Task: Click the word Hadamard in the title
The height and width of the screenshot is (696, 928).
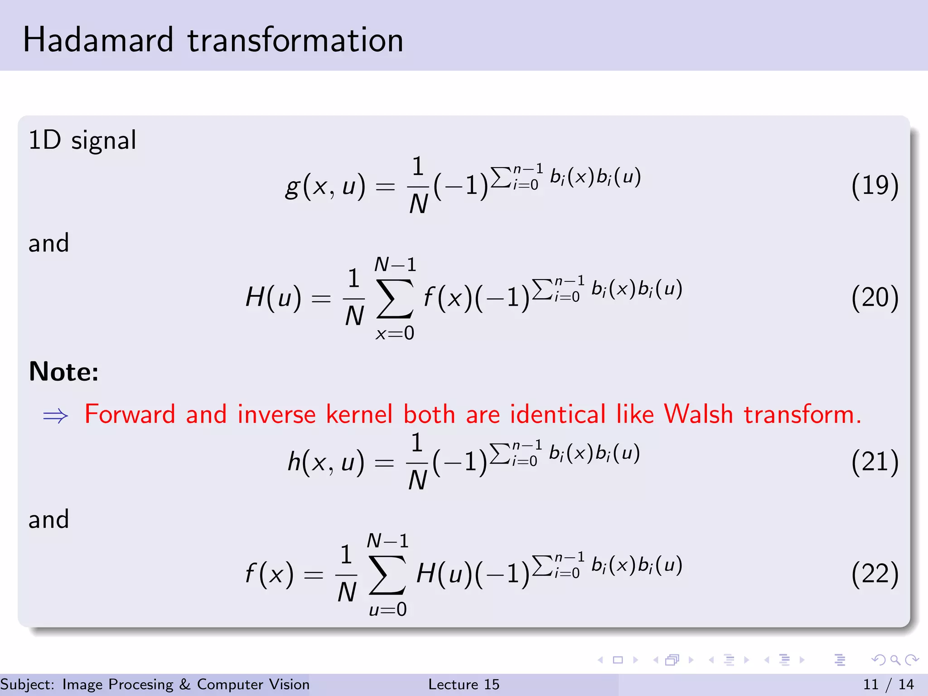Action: pos(98,40)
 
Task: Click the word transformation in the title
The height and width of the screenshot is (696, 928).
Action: pos(295,40)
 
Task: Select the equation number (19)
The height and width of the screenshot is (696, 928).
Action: pos(875,185)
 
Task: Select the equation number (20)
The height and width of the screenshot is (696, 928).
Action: pos(875,298)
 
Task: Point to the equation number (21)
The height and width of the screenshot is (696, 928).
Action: pos(875,462)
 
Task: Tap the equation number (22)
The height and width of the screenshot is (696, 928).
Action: pos(875,574)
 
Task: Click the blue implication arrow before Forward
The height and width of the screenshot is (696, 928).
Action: pos(55,416)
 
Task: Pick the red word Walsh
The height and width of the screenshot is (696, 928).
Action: pos(698,414)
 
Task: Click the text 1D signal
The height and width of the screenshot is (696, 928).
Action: pos(82,140)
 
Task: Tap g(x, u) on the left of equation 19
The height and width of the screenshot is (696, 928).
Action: pos(325,186)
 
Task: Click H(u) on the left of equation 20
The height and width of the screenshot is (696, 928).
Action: pos(273,298)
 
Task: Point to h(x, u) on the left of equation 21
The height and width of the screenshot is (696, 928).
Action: pos(326,463)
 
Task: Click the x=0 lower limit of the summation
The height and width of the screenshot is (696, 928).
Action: pos(395,333)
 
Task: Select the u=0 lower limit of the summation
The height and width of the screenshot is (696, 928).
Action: pos(388,609)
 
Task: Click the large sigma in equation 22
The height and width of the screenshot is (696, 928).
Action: pos(387,575)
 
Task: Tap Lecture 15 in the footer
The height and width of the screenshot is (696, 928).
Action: pos(464,684)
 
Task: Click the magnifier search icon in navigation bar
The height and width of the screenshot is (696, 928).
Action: pos(895,660)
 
